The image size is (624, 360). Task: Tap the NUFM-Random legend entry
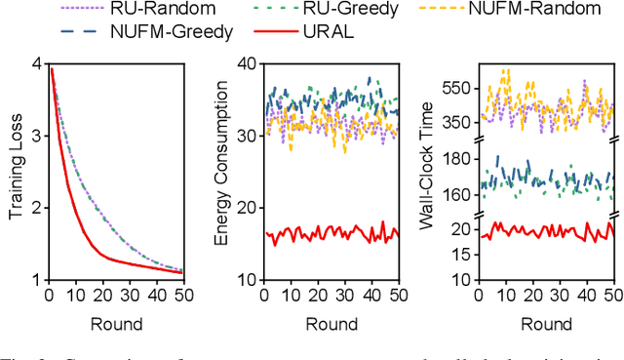539,12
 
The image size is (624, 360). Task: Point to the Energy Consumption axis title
222,172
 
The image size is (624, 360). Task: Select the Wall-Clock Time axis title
426,172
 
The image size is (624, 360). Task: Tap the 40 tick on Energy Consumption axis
248,64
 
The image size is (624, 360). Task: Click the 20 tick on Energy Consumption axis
248,208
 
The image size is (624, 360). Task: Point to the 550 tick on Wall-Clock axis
456,88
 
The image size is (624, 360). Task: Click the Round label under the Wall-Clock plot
546,323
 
